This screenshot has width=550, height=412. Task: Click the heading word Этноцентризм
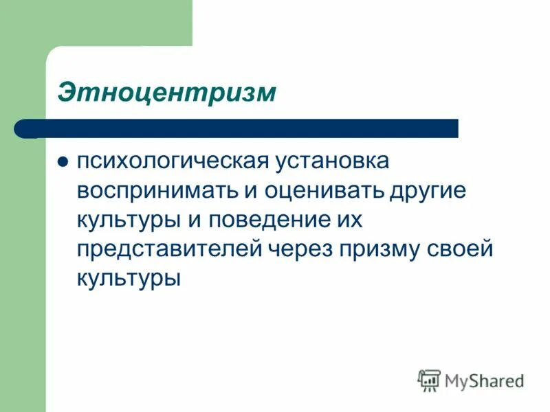[x=167, y=91]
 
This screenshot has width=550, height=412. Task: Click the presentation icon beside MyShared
[x=429, y=380]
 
